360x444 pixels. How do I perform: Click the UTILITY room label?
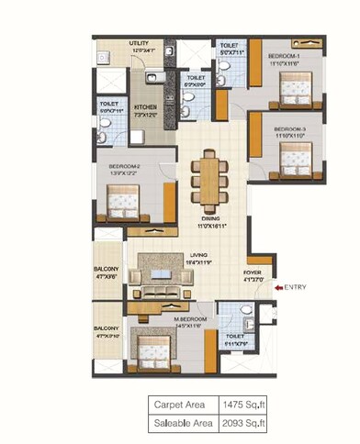click(x=140, y=43)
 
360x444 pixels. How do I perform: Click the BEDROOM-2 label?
click(x=117, y=166)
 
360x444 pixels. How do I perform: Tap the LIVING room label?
click(x=194, y=258)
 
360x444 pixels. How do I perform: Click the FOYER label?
click(x=253, y=273)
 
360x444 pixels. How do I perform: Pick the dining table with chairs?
click(x=208, y=183)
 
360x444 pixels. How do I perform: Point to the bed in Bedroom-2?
click(x=122, y=199)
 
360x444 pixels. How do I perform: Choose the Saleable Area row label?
click(x=184, y=423)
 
